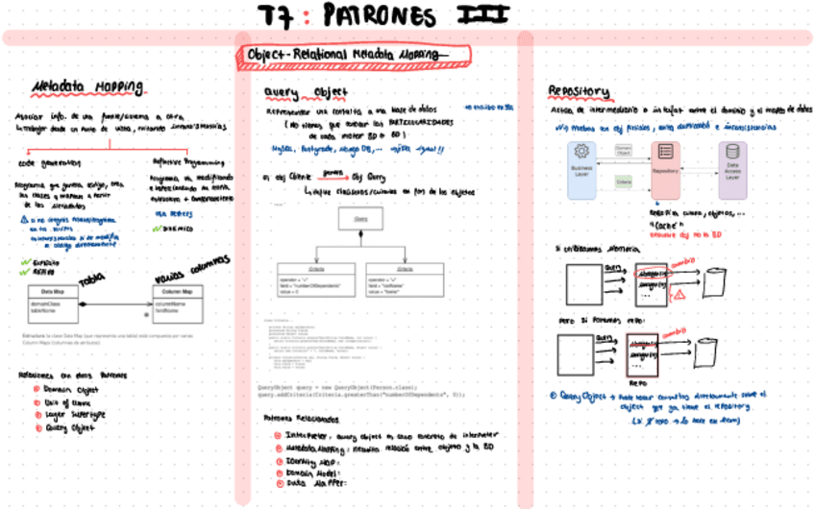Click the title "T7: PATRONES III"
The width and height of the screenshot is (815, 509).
coord(384,15)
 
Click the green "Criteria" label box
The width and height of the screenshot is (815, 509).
coord(623,180)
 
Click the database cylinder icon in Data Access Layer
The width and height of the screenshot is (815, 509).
coord(732,153)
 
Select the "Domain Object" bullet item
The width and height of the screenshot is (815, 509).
coord(69,389)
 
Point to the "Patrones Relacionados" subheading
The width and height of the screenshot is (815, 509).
coord(300,420)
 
